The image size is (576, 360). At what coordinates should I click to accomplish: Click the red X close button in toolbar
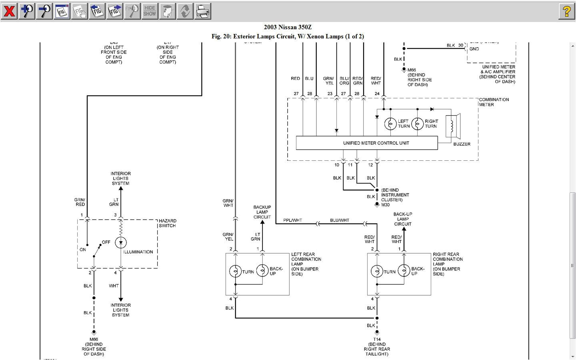9,11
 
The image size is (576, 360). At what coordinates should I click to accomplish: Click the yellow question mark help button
566,11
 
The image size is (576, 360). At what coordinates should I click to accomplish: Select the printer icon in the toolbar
203,11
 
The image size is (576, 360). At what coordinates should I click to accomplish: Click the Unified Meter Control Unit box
366,143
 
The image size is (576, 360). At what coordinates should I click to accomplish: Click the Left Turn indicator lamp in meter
390,124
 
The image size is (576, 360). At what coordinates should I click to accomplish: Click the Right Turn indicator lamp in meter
417,124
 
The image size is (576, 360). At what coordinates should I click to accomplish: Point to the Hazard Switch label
167,223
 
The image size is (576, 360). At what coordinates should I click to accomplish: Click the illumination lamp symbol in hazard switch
120,242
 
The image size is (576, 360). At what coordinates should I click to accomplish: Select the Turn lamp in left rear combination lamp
235,271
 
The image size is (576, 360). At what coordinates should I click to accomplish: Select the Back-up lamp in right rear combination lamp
404,271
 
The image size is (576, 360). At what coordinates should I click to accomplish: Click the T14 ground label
377,339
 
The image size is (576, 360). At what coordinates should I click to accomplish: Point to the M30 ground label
385,205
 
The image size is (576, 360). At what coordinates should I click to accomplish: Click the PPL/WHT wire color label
292,220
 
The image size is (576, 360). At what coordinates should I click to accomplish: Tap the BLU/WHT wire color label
339,220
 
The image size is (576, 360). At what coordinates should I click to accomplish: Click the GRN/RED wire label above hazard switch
80,202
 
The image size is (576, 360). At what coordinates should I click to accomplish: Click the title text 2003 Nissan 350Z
288,27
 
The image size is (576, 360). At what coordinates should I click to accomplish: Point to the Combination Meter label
494,102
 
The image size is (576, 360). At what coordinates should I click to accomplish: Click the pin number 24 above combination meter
377,94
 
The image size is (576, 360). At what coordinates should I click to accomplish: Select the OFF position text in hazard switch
106,242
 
